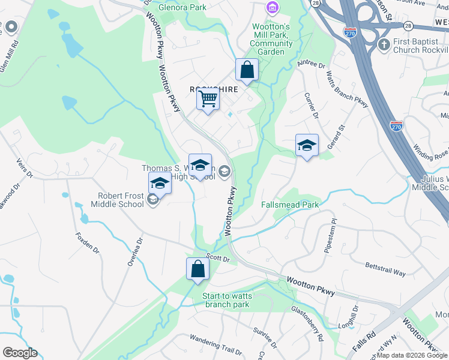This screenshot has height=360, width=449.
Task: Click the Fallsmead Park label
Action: [x=289, y=205]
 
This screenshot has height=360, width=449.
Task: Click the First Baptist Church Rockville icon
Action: [x=384, y=44]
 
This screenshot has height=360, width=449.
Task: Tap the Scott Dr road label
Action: [x=218, y=256]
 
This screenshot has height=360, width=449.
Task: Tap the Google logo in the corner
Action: [x=20, y=353]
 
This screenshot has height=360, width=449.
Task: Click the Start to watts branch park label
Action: [x=227, y=300]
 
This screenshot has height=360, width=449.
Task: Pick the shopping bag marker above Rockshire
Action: [x=247, y=70]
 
